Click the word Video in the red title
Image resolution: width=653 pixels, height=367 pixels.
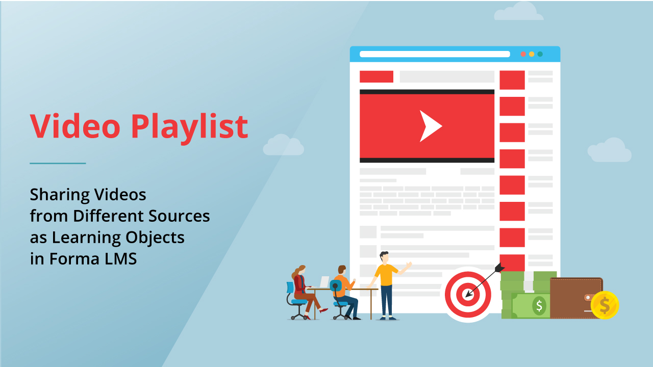tap(75, 126)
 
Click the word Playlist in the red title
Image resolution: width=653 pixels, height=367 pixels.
tap(189, 128)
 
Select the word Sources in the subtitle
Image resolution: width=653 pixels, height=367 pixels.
tap(179, 216)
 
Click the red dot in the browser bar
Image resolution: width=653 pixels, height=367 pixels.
tap(523, 54)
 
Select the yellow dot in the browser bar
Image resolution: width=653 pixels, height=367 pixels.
tap(532, 54)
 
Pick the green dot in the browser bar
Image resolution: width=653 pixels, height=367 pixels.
tap(540, 54)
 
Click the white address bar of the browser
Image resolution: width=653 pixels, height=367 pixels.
tap(435, 54)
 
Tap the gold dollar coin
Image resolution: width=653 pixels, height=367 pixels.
tap(605, 305)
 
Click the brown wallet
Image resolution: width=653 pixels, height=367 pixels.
tap(576, 298)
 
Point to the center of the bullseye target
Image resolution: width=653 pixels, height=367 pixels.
tap(468, 295)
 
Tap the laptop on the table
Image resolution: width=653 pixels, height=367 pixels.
tap(324, 282)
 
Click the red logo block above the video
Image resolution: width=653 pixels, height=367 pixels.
tap(376, 76)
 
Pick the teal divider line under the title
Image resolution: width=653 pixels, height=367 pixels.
tap(58, 164)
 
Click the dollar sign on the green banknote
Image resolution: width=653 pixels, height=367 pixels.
tap(539, 306)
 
